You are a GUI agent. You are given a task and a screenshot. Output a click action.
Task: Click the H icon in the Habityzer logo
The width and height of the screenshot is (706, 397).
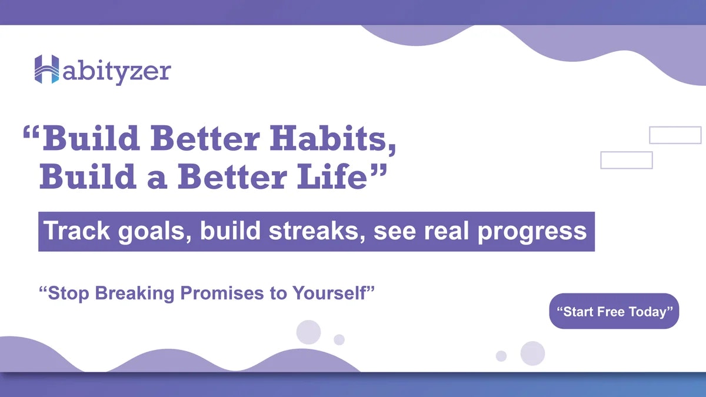46,69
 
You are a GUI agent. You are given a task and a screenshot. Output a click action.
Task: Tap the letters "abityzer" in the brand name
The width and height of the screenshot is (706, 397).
117,72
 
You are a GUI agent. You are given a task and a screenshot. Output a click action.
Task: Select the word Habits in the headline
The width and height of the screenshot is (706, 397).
333,139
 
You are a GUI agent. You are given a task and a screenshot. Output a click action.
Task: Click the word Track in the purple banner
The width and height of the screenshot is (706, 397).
76,231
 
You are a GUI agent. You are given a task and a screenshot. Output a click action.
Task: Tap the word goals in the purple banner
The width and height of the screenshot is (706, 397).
155,232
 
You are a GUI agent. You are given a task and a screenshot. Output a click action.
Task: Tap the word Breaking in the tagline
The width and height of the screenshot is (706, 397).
135,293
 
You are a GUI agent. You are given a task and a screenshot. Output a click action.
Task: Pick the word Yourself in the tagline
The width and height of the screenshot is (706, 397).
329,293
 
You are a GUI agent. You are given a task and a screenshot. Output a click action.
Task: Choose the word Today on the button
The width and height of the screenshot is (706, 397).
648,312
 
